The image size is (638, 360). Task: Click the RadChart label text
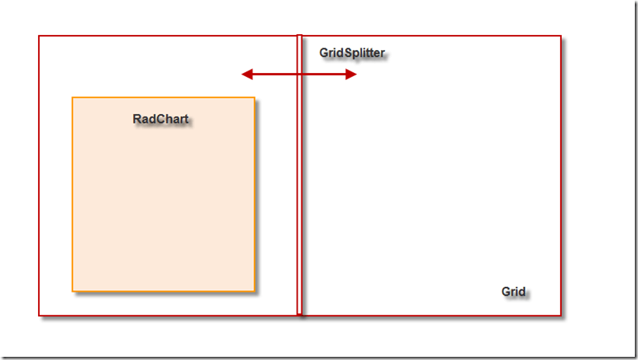point(161,119)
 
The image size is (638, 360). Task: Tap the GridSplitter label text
point(352,53)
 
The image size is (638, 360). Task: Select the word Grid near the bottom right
point(513,291)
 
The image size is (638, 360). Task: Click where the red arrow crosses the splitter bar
point(299,75)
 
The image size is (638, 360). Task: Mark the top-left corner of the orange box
point(72,98)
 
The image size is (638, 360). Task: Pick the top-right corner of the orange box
point(254,98)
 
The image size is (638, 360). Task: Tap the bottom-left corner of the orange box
point(72,291)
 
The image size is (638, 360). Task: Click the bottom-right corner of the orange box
point(254,291)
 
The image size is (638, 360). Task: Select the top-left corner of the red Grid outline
point(39,36)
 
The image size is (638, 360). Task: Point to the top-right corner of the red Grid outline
point(560,36)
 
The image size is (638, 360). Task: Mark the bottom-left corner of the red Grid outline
point(39,315)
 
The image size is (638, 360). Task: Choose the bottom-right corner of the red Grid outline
point(560,315)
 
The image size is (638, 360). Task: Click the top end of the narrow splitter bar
point(299,36)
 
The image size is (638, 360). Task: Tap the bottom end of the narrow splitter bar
point(299,314)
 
